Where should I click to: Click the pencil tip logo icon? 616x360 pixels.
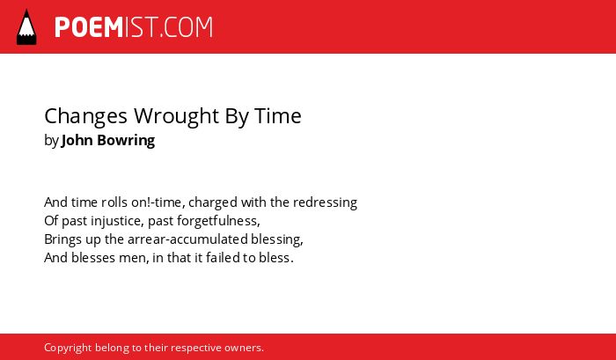[26, 27]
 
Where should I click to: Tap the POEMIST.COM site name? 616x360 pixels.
[134, 27]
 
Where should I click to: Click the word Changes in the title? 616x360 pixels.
[86, 117]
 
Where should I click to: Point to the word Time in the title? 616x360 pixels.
[278, 116]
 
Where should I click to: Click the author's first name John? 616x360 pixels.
[77, 140]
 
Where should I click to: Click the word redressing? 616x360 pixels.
[325, 203]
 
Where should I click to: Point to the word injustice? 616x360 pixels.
[117, 221]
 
